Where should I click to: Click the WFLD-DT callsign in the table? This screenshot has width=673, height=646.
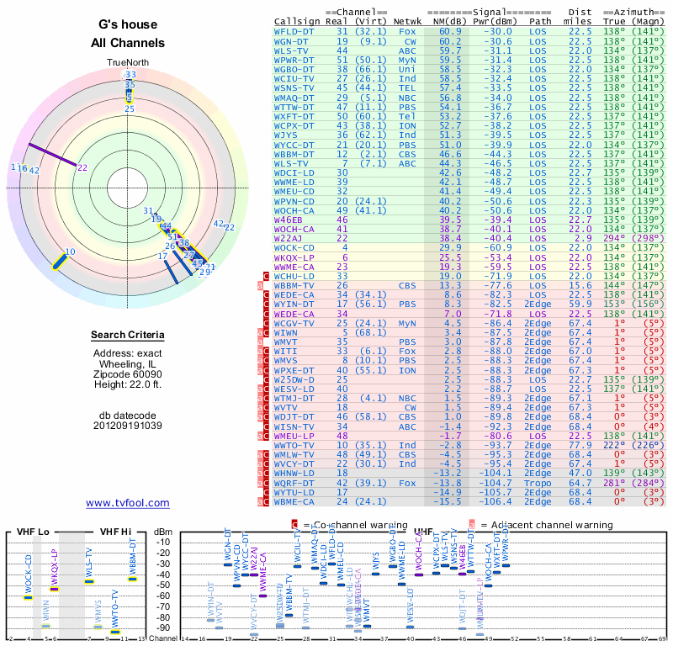click(x=294, y=31)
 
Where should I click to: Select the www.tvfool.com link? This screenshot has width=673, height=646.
click(x=127, y=503)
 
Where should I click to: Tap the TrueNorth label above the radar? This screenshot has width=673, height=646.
click(x=127, y=63)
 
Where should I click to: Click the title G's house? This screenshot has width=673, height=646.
click(x=128, y=25)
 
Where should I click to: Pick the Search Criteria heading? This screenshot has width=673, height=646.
click(x=128, y=336)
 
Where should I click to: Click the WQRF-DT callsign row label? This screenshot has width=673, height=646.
click(x=294, y=484)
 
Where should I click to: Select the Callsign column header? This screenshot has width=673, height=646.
click(x=297, y=21)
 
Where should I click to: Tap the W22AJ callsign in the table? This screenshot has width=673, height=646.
click(x=291, y=238)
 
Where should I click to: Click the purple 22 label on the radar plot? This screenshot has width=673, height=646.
click(x=82, y=167)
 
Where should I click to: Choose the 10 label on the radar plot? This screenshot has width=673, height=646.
click(x=70, y=252)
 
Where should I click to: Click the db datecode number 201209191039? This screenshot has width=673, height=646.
click(x=128, y=426)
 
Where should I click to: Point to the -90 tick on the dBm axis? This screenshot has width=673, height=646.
click(x=162, y=627)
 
